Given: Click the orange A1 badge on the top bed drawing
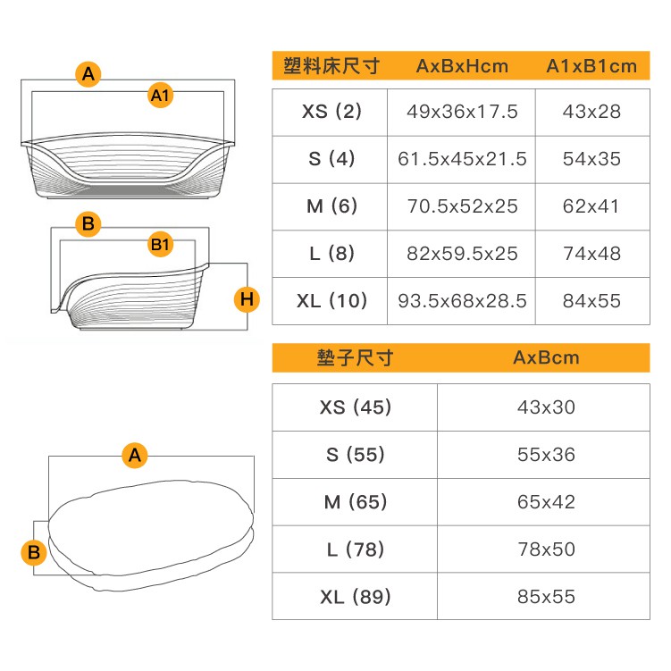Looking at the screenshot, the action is (161, 96).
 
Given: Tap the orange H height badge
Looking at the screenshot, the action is (247, 299).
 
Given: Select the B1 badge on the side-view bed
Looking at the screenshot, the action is (161, 244).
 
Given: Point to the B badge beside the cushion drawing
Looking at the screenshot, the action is (34, 552).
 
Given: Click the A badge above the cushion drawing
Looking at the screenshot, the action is (135, 456).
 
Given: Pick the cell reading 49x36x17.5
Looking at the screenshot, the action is (462, 112).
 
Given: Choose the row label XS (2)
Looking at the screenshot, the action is (331, 112).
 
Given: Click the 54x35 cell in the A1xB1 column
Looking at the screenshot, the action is (591, 159).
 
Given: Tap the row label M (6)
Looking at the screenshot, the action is (331, 206).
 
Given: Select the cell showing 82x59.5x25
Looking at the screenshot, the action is (462, 254).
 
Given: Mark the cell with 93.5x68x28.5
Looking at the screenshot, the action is (462, 301).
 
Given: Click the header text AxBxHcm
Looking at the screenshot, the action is (462, 66).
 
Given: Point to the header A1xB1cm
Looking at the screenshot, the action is (591, 66).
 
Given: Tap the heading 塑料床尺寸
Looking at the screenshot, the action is (331, 66).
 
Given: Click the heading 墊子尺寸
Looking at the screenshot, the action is (355, 357).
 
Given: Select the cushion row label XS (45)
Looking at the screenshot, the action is (356, 407).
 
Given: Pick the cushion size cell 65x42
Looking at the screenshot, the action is (546, 502).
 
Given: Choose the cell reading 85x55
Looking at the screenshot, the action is (546, 597).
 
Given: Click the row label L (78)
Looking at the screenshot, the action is (356, 549).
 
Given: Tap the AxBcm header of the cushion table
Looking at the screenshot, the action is (546, 357).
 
